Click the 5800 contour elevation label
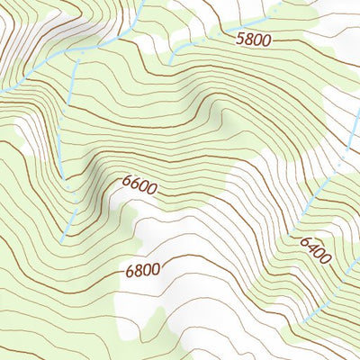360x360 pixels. point(253,40)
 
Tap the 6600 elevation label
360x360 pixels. point(139,188)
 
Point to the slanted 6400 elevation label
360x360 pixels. point(316,249)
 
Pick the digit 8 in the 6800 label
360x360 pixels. point(139,269)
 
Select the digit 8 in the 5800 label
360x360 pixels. point(248,40)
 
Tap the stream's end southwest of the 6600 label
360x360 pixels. point(61,241)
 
